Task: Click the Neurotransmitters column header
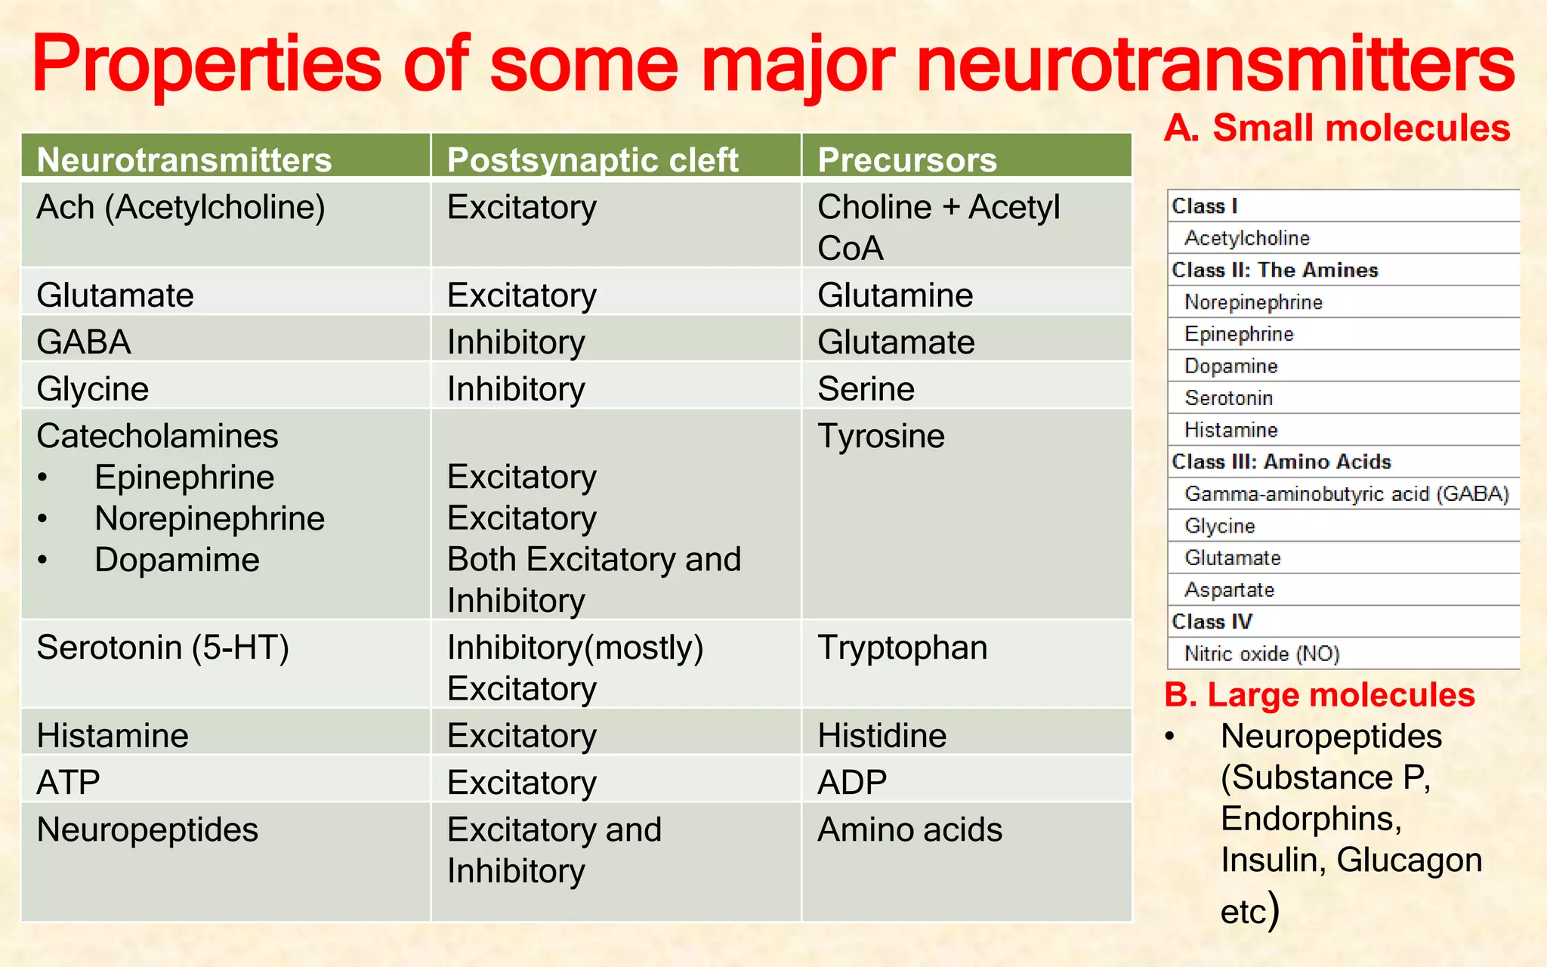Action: coord(184,159)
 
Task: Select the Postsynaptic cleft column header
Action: coord(592,159)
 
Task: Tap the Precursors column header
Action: coord(907,159)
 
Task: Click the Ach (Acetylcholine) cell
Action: coord(181,207)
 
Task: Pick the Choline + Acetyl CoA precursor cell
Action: coord(938,227)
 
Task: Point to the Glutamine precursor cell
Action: coord(895,295)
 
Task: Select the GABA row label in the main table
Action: coord(84,341)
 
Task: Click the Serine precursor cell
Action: coord(866,389)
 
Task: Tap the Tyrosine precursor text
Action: coord(881,436)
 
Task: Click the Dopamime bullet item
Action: coord(177,560)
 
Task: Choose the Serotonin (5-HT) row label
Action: coord(162,647)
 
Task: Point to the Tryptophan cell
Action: coord(902,647)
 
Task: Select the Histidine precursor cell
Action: coord(882,735)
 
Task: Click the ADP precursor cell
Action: coord(852,782)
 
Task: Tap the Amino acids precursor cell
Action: coord(909,830)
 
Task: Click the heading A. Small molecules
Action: coord(1337,128)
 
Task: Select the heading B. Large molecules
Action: coord(1319,694)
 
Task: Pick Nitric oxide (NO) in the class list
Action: coord(1261,653)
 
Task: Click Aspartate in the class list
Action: coord(1229,589)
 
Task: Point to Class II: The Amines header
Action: coord(1274,270)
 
